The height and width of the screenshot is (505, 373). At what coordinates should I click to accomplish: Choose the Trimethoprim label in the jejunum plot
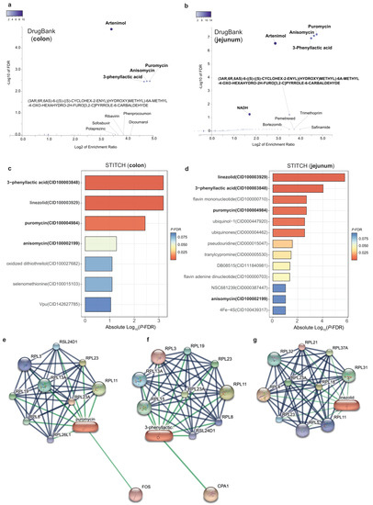pyautogui.click(x=311, y=111)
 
